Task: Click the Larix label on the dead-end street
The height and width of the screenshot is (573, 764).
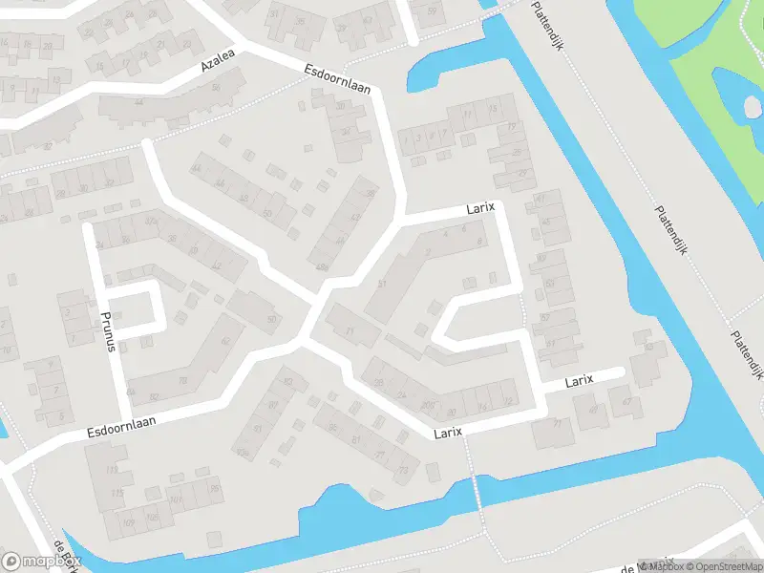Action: point(578,380)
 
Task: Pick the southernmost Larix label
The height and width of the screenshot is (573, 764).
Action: point(447,433)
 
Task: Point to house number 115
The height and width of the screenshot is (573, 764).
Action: point(117,493)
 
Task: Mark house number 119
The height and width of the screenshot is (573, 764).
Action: point(114,470)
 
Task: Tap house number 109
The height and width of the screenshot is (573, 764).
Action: point(128,523)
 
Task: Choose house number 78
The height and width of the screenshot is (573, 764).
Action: point(182,379)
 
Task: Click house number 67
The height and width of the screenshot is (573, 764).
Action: point(627,402)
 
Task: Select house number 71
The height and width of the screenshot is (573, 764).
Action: point(350,331)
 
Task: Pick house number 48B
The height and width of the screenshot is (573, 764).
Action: point(321,266)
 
